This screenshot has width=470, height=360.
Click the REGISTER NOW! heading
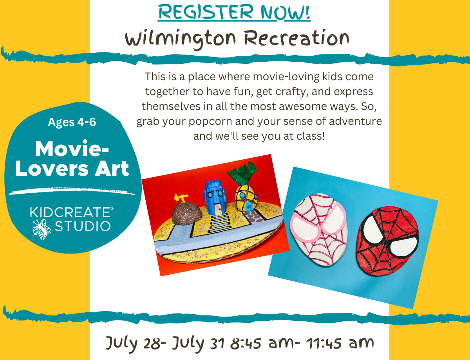234,12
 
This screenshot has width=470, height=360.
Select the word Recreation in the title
296,38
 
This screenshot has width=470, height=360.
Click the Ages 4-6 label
72,122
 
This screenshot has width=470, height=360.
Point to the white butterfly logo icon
42,229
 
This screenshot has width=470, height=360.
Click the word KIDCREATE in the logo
72,212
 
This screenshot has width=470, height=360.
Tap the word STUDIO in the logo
83,226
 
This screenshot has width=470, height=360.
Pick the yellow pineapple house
246,198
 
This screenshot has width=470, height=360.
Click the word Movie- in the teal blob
72,149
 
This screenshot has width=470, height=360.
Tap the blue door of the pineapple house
249,207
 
